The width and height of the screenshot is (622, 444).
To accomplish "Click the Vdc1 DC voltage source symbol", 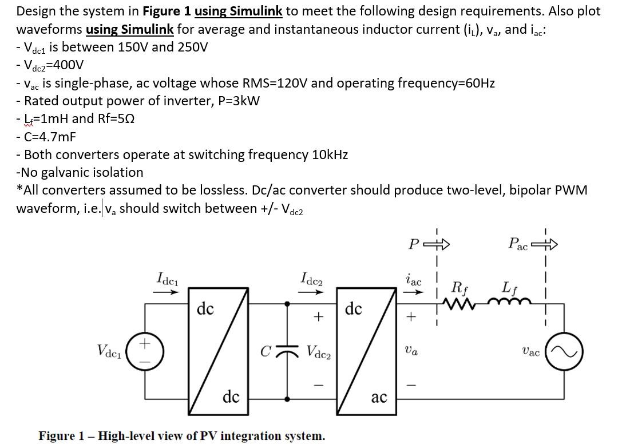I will [145, 350].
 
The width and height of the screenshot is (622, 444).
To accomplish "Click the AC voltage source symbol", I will [569, 350].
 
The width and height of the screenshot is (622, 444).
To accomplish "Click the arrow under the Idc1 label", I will [167, 291].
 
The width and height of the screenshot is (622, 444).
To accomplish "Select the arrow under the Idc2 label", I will [311, 291].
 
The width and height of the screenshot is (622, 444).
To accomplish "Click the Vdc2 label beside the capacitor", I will [320, 350].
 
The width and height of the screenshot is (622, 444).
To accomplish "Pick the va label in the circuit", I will [411, 351].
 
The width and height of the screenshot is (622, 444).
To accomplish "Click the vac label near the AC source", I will [531, 351].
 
